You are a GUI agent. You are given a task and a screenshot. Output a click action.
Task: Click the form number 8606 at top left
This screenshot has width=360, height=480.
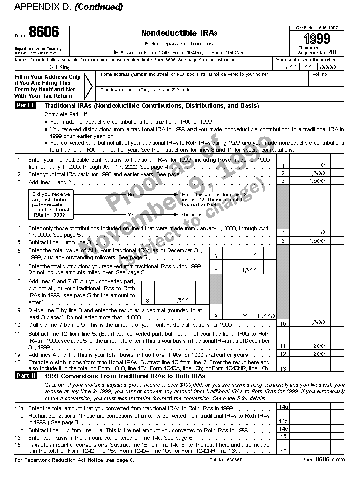click(x=43, y=33)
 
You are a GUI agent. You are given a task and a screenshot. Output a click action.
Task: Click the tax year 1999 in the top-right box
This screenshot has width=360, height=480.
click(x=316, y=39)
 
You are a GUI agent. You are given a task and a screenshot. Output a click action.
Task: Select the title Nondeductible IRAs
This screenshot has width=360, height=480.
click(x=179, y=33)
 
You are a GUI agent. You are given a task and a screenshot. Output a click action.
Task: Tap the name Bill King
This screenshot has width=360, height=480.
click(x=57, y=66)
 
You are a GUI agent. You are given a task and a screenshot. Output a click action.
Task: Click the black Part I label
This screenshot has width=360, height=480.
click(x=25, y=105)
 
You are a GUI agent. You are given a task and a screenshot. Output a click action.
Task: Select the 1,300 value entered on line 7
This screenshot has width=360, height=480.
click(x=250, y=270)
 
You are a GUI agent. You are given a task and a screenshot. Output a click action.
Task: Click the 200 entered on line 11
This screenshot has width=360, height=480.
click(x=319, y=346)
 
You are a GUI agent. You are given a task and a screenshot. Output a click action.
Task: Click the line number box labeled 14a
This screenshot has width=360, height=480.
click(x=283, y=407)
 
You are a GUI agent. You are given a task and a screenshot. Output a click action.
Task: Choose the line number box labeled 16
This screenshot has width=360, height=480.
click(x=283, y=451)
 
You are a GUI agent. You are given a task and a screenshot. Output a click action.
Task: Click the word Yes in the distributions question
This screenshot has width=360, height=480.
click(x=132, y=214)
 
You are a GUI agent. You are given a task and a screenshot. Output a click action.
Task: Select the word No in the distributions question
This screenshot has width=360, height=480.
click(x=131, y=194)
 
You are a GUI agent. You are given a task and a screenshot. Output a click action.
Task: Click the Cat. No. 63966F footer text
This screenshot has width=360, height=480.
click(x=224, y=460)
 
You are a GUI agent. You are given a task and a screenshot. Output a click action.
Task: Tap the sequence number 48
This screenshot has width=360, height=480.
click(x=332, y=52)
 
